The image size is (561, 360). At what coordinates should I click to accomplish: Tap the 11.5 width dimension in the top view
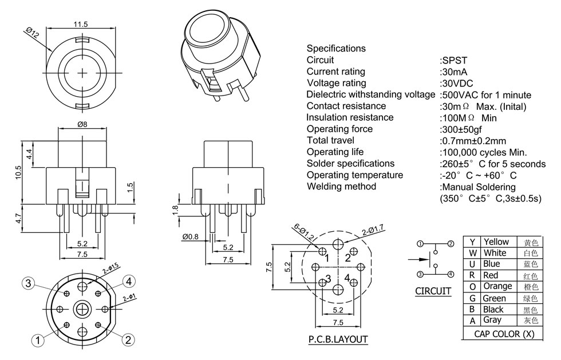pyautogui.click(x=80, y=24)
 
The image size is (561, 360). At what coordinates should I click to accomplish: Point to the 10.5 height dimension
pyautogui.click(x=18, y=172)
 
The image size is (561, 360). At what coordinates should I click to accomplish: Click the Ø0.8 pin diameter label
pyautogui.click(x=191, y=236)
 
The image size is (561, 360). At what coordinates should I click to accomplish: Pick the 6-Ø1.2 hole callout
pyautogui.click(x=300, y=232)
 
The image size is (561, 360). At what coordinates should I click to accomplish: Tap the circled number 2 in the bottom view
pyautogui.click(x=129, y=339)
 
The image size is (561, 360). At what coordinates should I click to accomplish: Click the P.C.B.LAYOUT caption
pyautogui.click(x=338, y=339)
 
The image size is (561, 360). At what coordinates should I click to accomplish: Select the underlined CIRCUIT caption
pyautogui.click(x=433, y=291)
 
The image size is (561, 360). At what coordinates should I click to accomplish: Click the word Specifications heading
pyautogui.click(x=336, y=49)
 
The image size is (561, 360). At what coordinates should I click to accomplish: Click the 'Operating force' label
pyautogui.click(x=339, y=129)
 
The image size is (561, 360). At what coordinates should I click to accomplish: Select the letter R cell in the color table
pyautogui.click(x=472, y=275)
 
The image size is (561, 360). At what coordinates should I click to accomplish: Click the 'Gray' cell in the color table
pyautogui.click(x=492, y=320)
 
